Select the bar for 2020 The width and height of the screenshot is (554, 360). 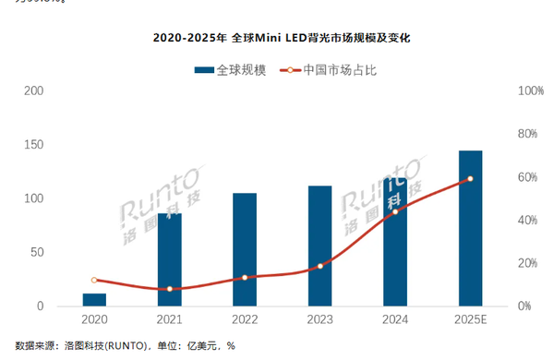(x=94, y=299)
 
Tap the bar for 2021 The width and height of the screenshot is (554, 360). (x=169, y=259)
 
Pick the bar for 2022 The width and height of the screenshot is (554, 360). (x=245, y=249)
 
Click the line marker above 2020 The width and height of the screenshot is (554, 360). (x=94, y=280)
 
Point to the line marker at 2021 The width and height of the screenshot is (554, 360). (x=169, y=289)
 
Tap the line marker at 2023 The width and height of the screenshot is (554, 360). (x=319, y=266)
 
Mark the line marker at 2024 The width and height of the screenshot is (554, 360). (x=395, y=211)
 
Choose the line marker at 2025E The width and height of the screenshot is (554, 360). (x=470, y=179)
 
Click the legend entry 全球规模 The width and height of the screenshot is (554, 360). (x=231, y=69)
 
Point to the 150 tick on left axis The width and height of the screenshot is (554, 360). (x=32, y=145)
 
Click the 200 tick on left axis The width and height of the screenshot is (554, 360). (x=32, y=91)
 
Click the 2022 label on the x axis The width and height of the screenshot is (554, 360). (x=245, y=318)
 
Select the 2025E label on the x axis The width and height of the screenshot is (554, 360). (x=470, y=318)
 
